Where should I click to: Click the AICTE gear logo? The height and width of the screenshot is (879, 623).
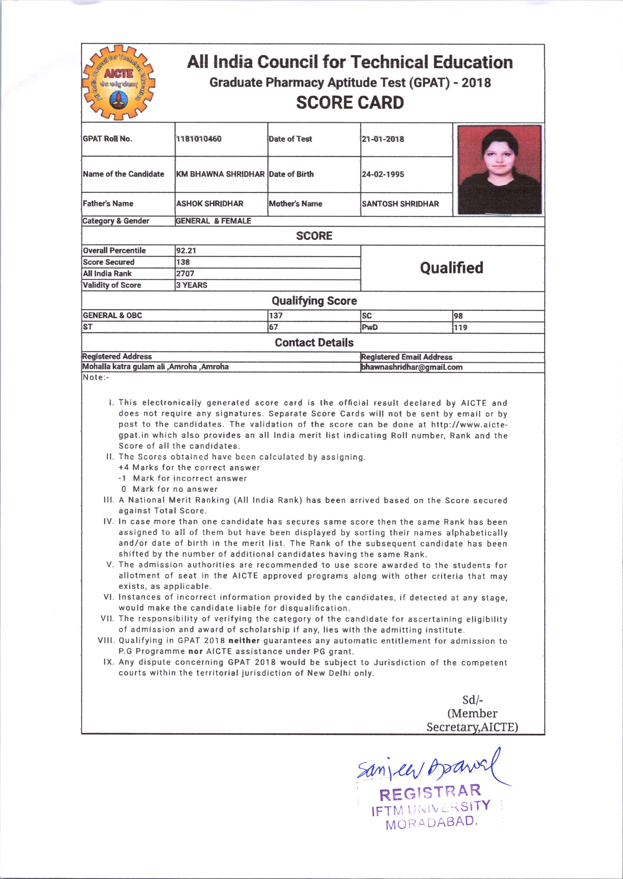pos(118,83)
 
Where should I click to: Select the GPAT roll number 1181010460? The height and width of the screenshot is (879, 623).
pos(199,139)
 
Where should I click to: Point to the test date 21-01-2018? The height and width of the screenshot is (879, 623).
pos(383,139)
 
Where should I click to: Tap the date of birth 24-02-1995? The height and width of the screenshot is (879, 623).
pos(383,174)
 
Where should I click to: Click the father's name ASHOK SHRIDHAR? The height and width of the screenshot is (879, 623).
pos(209,204)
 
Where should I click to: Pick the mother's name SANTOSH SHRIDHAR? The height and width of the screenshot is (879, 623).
pos(400,204)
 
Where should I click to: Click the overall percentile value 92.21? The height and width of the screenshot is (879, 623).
pos(186,251)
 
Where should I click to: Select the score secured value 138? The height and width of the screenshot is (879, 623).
pos(183,262)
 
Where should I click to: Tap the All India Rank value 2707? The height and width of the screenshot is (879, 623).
pos(185,274)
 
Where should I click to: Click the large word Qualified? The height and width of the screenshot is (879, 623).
pos(451,268)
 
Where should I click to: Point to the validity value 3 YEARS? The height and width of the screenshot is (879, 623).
pos(191,285)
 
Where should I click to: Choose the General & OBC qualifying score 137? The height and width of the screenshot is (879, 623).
pos(276,316)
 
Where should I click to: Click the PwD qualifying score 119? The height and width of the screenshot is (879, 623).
pos(460,327)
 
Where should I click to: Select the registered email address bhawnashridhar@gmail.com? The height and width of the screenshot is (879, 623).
pos(412,367)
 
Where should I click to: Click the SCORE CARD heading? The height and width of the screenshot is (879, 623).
pos(350,103)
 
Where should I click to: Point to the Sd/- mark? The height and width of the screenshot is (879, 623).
pos(472,700)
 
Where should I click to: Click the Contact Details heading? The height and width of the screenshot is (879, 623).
pos(314,343)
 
